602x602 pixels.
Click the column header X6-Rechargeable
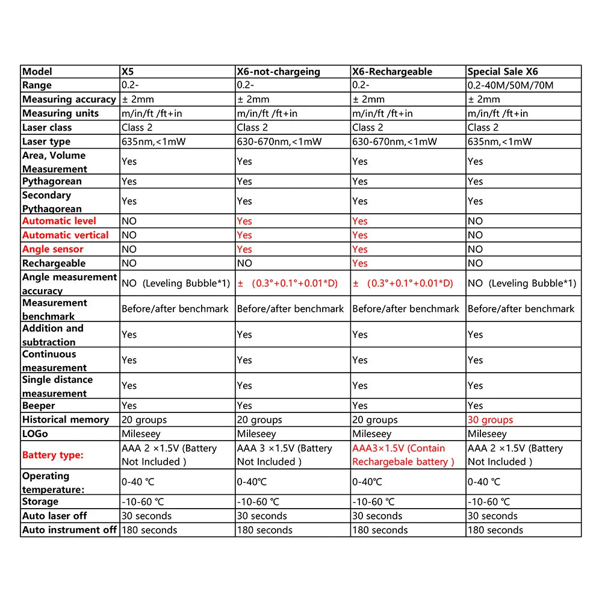(392, 72)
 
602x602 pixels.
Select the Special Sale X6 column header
(503, 72)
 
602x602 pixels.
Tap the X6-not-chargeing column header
(278, 72)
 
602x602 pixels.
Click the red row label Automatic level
(59, 221)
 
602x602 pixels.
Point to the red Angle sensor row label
(53, 249)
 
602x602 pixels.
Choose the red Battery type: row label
(53, 455)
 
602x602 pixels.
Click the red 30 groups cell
(490, 420)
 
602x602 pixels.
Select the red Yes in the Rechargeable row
(360, 263)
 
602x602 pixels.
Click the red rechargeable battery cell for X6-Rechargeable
(403, 455)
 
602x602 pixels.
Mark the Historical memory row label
(66, 420)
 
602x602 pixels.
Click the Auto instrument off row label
(69, 530)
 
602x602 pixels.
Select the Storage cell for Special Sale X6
(489, 501)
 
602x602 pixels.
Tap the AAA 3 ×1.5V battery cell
(284, 455)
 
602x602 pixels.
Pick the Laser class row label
(47, 128)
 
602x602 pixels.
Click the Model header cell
(37, 72)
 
